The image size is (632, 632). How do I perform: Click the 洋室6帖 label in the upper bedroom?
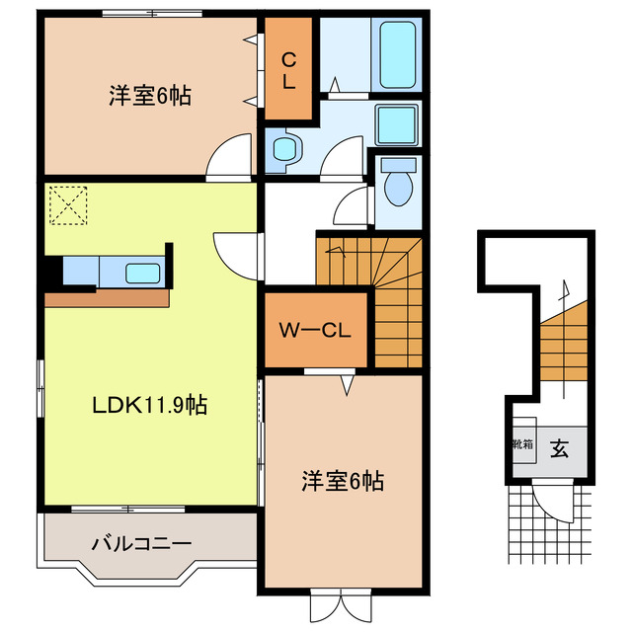[x=149, y=97]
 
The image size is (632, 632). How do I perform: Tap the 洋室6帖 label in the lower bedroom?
[x=342, y=482]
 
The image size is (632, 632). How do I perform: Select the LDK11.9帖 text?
[x=150, y=405]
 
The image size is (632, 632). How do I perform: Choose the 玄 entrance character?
[x=559, y=449]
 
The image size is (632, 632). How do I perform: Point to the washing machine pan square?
[x=398, y=124]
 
